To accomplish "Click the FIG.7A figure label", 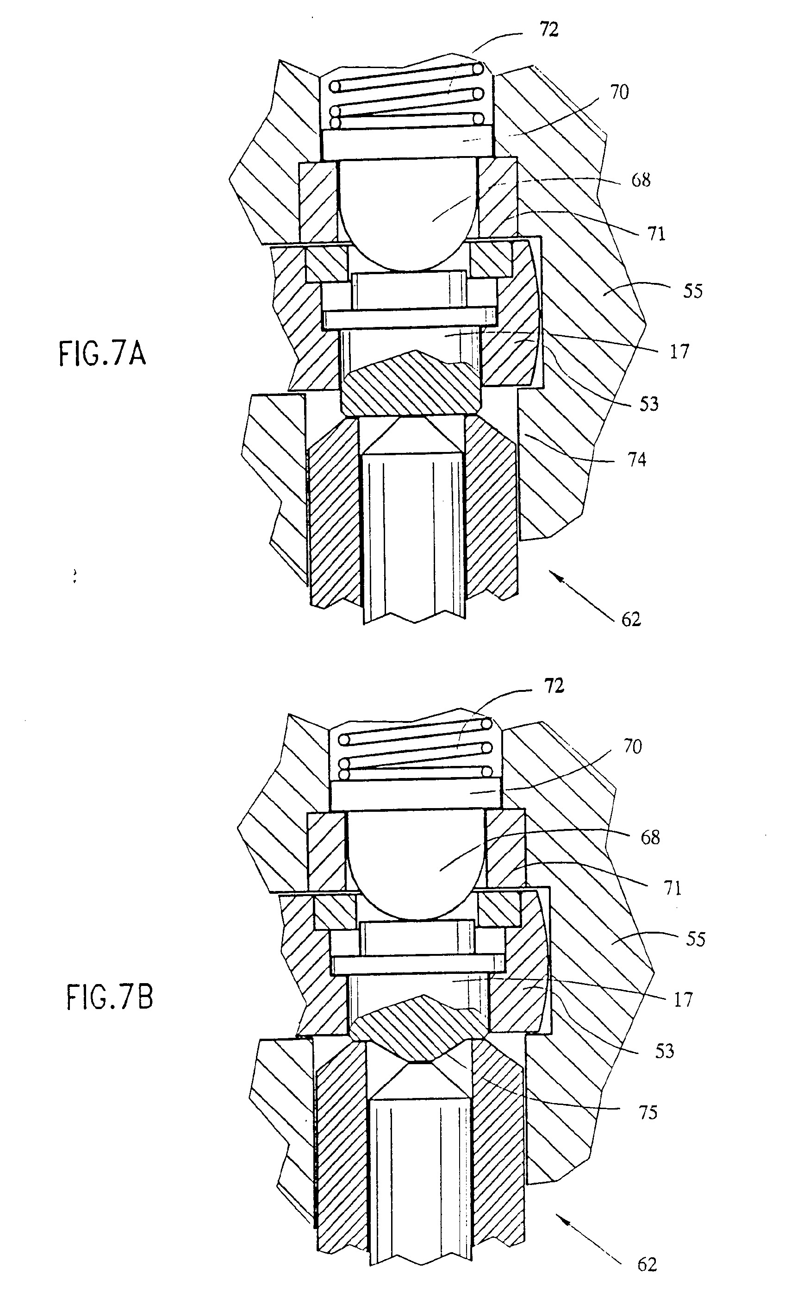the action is pos(102,354).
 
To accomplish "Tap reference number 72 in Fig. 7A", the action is pos(548,30).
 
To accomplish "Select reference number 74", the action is pos(637,459).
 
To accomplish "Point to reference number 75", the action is pos(648,1112).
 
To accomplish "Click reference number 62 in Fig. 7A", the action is pos(631,619).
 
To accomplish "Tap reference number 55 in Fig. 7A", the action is pos(692,291).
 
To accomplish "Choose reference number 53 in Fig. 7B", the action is pos(664,1051).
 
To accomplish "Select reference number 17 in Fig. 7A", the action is pos(679,351).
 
